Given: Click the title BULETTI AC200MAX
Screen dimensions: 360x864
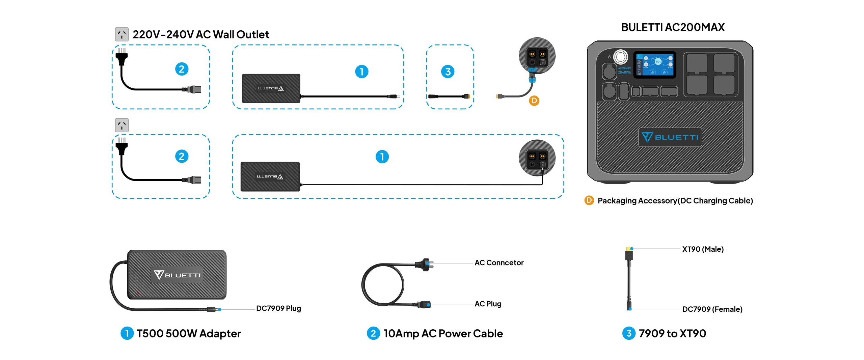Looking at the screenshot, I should point(673,27).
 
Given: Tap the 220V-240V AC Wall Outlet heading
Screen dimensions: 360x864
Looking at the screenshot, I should point(200,34).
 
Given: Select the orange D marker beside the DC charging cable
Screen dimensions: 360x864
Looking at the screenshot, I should point(534,101).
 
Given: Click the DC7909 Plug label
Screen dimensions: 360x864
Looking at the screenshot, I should point(278,308).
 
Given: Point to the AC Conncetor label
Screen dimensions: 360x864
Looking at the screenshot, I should point(499,263).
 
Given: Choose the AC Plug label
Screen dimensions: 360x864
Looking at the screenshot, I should point(488,304).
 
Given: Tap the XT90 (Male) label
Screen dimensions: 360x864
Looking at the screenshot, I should point(703,249).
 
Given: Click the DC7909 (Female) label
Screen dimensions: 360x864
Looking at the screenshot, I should point(712,309).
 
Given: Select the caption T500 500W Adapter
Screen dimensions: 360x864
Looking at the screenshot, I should point(189,334).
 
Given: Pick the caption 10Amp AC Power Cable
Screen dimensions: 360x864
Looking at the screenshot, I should point(443,334).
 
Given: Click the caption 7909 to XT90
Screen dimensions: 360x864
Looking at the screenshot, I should point(672,334).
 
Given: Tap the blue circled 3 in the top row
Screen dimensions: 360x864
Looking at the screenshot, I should point(448,72).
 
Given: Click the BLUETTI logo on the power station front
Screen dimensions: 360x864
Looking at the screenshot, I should point(670,137).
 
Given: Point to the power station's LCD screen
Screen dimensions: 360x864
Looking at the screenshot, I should point(655,65).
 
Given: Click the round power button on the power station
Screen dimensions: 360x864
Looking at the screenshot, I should point(620,57).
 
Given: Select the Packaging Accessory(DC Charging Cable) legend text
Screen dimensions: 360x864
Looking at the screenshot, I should point(675,201).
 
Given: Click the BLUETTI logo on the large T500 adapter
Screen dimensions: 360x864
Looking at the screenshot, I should point(177,275).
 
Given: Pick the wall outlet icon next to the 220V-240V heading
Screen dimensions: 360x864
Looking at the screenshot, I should point(122,34).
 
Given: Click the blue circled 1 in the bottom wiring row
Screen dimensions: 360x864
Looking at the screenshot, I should point(382,157).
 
